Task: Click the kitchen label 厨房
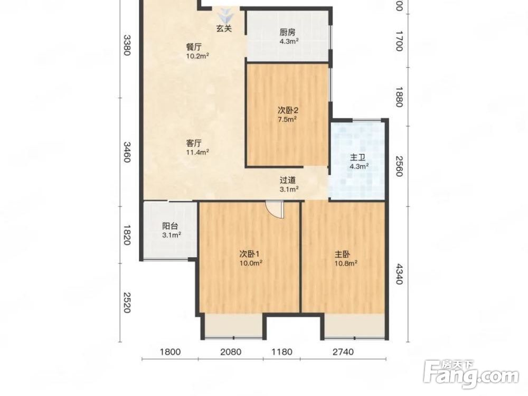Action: (288, 32)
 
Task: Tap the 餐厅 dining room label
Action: (194, 46)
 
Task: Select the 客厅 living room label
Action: (194, 143)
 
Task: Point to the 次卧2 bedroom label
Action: (288, 110)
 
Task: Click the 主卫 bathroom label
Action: (357, 157)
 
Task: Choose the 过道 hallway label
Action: (288, 180)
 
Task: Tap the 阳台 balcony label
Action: (169, 227)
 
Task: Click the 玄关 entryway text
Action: (224, 29)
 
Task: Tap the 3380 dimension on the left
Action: (126, 45)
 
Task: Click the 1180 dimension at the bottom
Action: (282, 352)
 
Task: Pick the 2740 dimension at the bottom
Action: (343, 352)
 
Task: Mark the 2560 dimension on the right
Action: (399, 166)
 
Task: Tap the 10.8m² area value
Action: (346, 263)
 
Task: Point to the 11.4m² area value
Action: (197, 152)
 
